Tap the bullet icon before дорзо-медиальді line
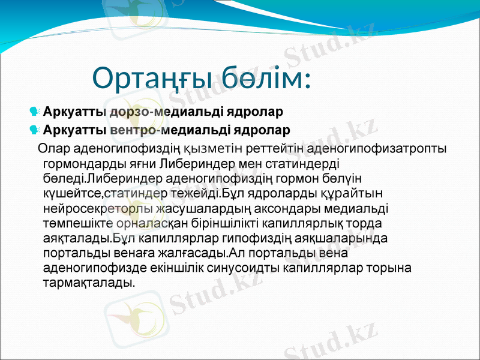point(35,112)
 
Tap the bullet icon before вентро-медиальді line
point(35,130)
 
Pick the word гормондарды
point(85,163)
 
